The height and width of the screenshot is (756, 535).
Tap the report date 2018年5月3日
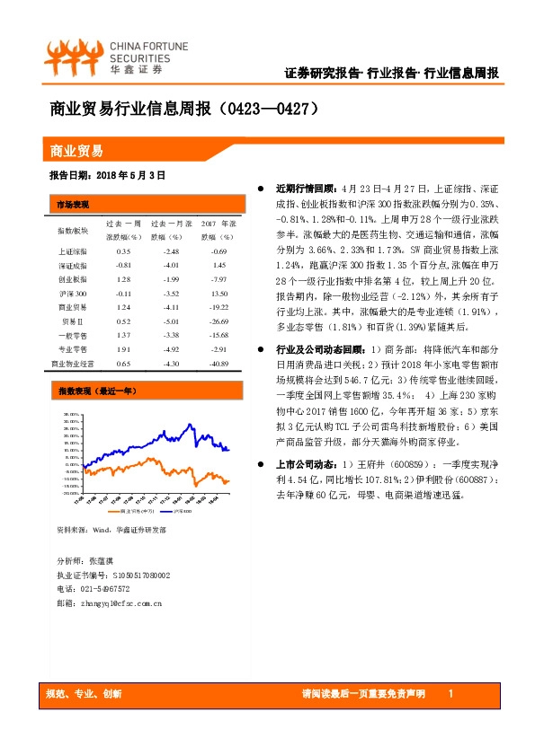pyautogui.click(x=106, y=176)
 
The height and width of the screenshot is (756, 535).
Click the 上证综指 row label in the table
pyautogui.click(x=73, y=251)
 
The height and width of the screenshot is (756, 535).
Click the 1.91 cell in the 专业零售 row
pyautogui.click(x=123, y=349)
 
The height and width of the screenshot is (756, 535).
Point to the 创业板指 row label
pyautogui.click(x=73, y=279)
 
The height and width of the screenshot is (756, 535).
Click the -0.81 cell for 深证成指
pyautogui.click(x=123, y=266)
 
